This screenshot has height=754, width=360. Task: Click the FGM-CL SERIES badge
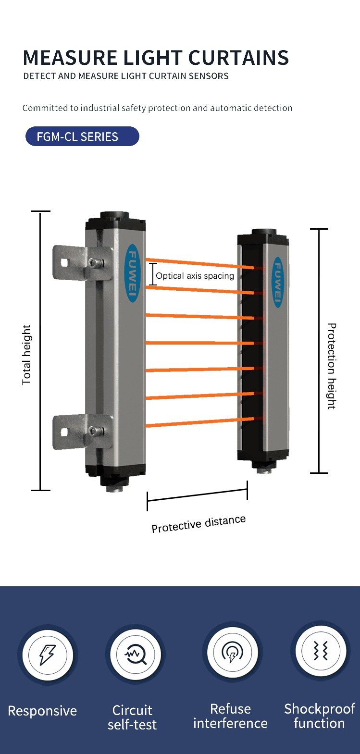click(82, 136)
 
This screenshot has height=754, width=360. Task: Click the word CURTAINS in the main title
click(238, 58)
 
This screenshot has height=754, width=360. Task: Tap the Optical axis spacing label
click(195, 276)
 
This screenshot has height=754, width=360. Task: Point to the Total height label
click(26, 355)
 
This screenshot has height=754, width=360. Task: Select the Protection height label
click(332, 366)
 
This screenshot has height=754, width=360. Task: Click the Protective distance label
click(199, 524)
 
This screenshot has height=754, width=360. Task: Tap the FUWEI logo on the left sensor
click(133, 273)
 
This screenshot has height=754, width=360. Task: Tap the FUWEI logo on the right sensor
click(278, 282)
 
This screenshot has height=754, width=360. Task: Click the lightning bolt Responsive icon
click(47, 655)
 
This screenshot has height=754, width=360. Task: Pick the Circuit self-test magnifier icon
click(135, 654)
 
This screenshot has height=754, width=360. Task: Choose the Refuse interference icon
click(232, 652)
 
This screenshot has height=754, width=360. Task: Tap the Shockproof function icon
click(320, 651)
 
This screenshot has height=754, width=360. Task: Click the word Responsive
click(42, 711)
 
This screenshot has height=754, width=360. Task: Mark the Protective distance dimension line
click(197, 495)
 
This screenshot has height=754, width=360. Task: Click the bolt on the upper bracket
click(96, 262)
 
